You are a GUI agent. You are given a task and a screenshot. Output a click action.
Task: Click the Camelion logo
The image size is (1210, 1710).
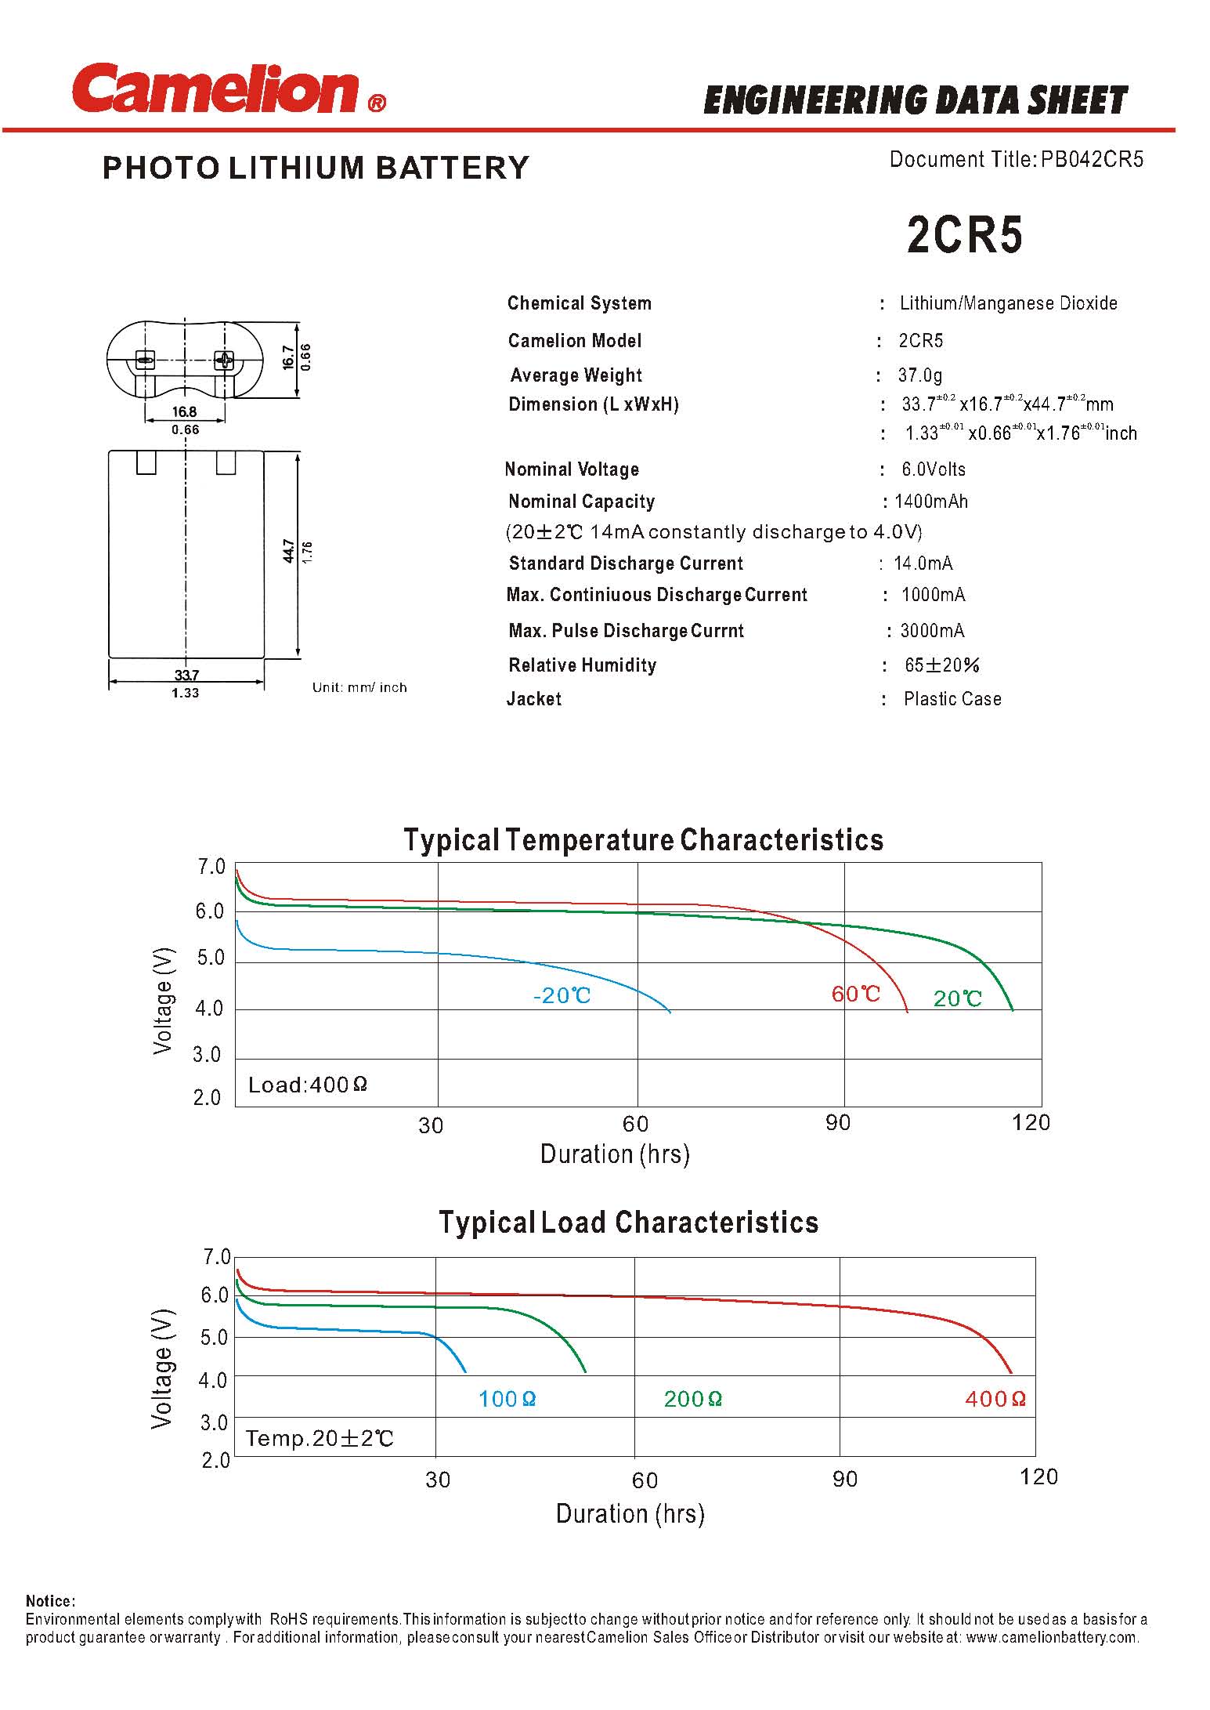coord(227,89)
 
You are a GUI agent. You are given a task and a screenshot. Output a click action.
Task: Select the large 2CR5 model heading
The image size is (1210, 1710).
coord(964,234)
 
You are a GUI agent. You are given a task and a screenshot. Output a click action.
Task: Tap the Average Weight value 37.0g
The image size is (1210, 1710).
coord(920,375)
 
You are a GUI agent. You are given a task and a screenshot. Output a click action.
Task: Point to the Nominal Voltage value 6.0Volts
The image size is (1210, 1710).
coord(933,469)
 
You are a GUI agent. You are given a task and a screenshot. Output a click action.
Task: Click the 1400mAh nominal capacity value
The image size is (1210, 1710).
coord(930,502)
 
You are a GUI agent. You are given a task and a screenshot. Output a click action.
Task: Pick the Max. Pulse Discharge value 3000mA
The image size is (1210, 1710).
coord(932,631)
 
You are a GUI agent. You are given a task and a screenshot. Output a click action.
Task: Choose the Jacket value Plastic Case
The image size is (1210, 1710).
coord(952,699)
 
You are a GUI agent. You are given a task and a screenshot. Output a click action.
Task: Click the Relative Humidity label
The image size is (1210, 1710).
coord(582,665)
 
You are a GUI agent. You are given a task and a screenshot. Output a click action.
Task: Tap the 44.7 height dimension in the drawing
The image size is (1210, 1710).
coord(289,551)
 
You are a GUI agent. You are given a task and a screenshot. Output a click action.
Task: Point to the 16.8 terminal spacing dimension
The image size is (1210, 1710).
coord(185,411)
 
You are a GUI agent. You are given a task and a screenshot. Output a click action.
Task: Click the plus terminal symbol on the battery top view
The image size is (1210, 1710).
coord(225,360)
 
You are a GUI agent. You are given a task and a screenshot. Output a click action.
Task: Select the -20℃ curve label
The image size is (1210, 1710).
coord(562,996)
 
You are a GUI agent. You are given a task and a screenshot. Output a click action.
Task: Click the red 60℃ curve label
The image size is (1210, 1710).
coord(855,994)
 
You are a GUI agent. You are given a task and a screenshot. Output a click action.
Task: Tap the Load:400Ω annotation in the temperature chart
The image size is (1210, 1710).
coord(307,1085)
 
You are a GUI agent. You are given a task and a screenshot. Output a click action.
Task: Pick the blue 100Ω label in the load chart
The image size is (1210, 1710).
coord(507,1399)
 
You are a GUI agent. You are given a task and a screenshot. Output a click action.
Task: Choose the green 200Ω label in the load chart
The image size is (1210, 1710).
coord(692,1399)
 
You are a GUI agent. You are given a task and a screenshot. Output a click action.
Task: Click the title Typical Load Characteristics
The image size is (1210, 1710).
coord(628,1223)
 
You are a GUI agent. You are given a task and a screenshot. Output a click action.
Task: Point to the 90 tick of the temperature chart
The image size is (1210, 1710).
coord(837,1123)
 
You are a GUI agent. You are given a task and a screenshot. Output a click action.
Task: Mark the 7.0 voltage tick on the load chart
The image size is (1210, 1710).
coord(216,1257)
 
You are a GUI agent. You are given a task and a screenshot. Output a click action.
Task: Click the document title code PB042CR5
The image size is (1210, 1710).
coord(1092,160)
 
